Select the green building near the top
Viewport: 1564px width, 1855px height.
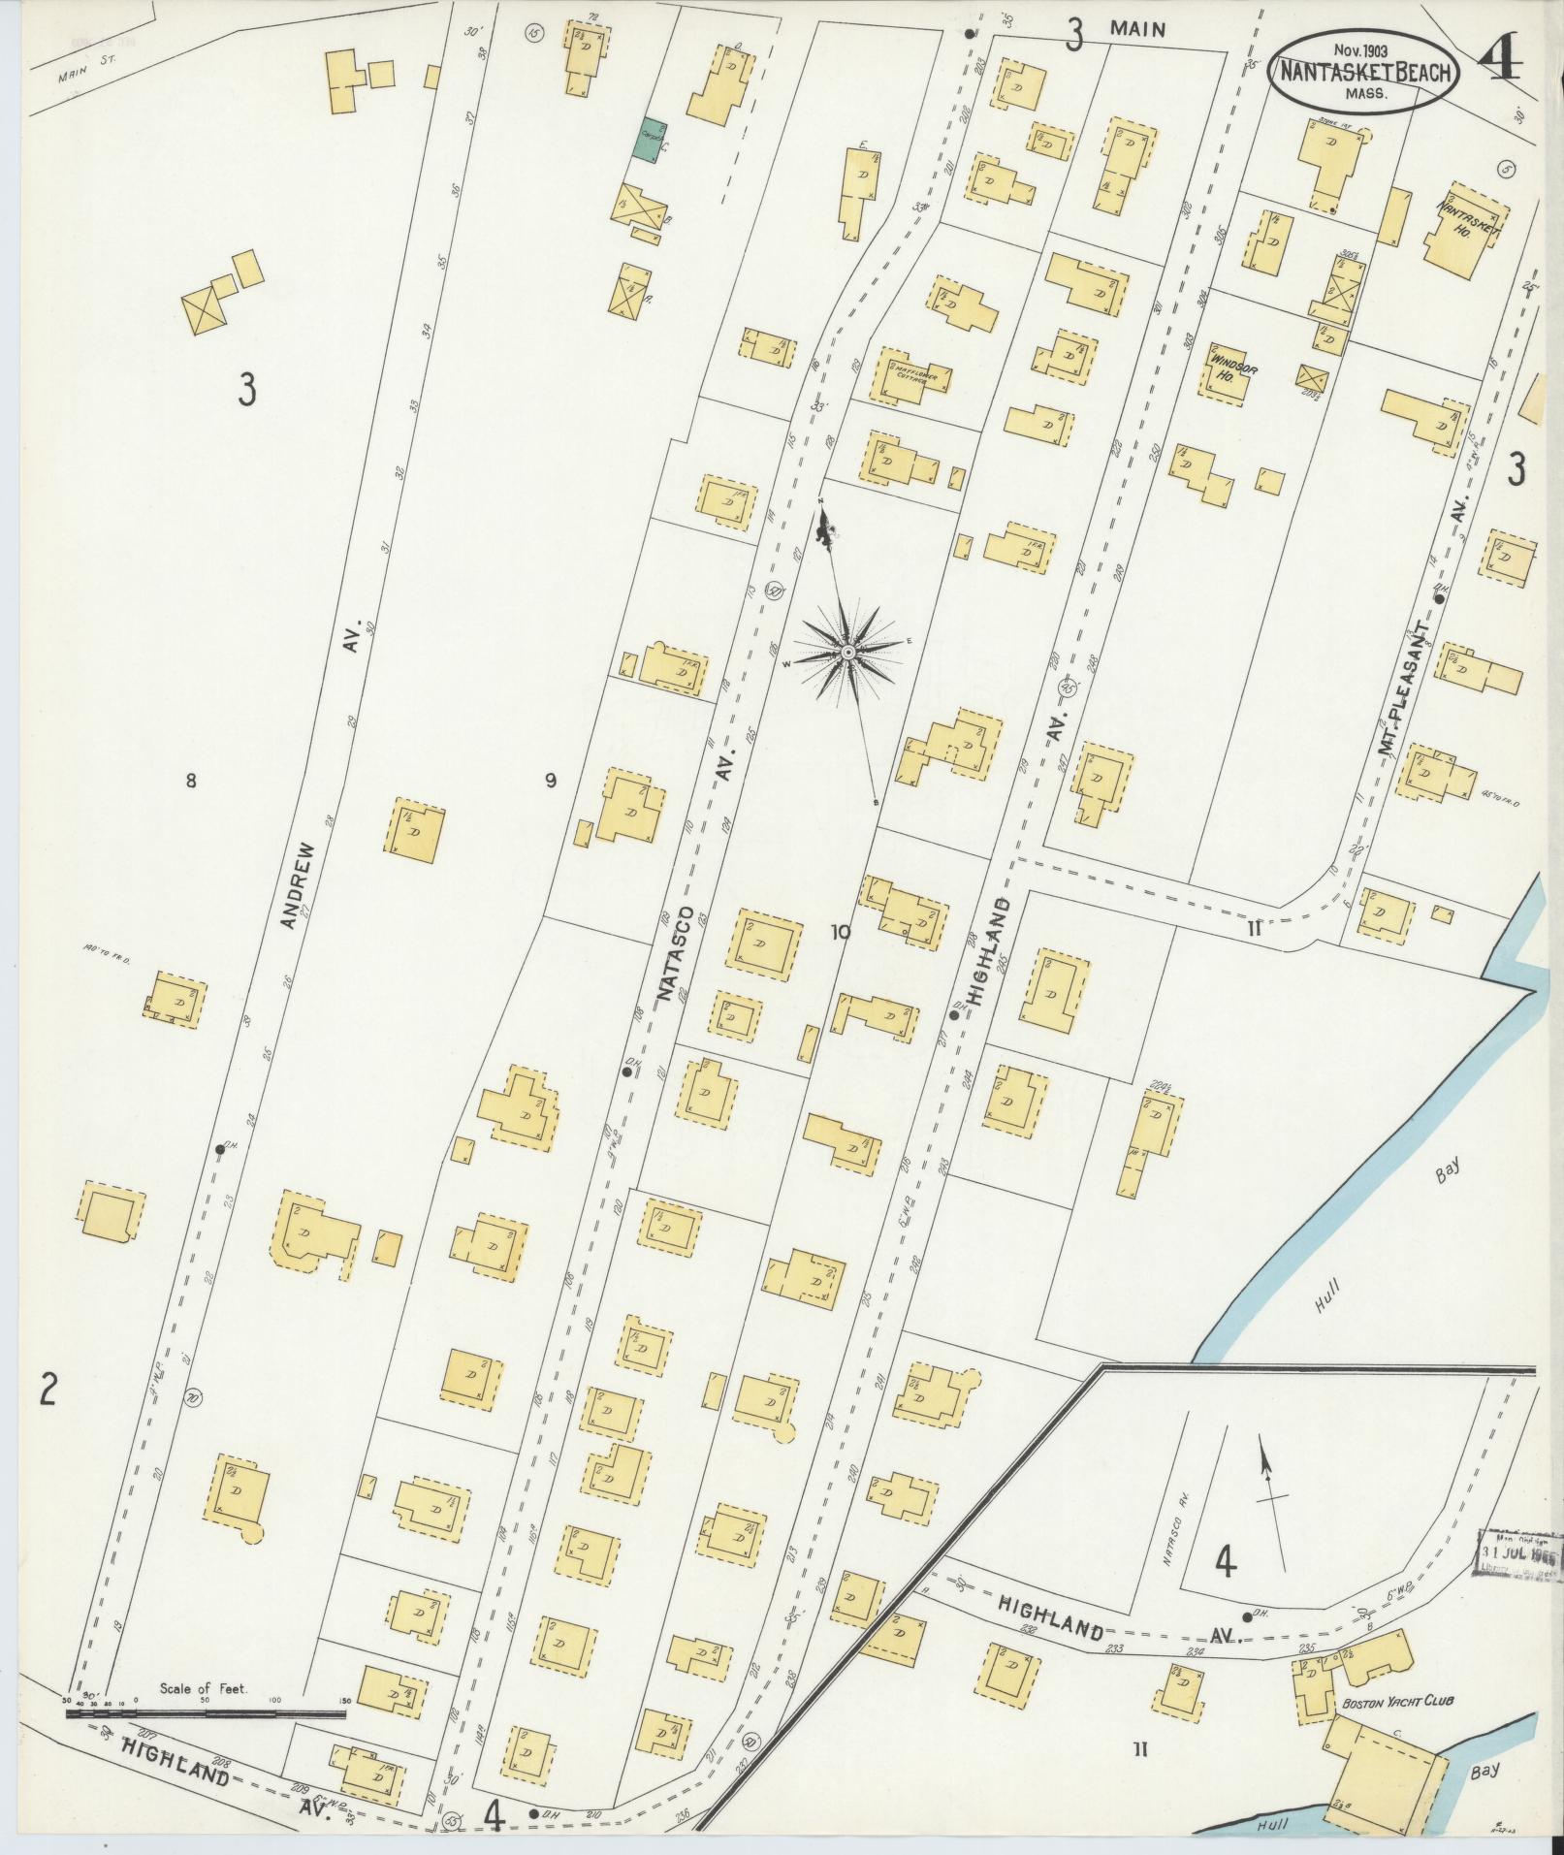(652, 140)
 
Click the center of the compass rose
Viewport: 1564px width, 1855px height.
(848, 652)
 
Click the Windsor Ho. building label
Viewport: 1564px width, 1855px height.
(1226, 364)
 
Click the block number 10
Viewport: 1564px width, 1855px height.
(839, 932)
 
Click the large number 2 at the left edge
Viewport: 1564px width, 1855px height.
(47, 1391)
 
